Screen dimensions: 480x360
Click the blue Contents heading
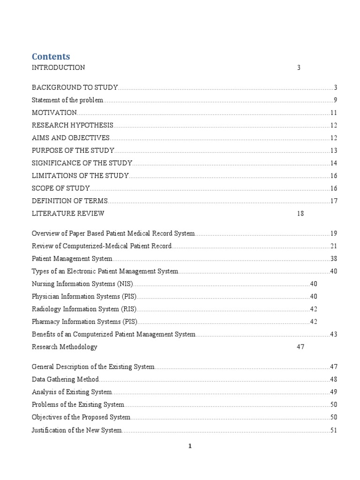tap(51, 57)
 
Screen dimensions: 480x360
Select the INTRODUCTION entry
tap(58, 67)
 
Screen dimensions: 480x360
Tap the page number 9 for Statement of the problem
tap(335, 100)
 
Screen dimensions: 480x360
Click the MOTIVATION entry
tap(54, 112)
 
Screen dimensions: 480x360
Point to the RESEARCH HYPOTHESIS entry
tap(73, 125)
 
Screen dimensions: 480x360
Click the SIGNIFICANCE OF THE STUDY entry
tap(82, 163)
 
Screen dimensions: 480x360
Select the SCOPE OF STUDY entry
tap(60, 188)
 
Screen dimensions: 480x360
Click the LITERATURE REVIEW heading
tap(68, 214)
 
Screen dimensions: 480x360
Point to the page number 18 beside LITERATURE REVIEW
tap(300, 214)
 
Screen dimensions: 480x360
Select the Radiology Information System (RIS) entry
tap(84, 309)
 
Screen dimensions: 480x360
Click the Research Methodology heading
tap(65, 347)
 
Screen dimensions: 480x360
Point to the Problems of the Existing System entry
tap(78, 405)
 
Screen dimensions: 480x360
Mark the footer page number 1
tap(189, 446)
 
